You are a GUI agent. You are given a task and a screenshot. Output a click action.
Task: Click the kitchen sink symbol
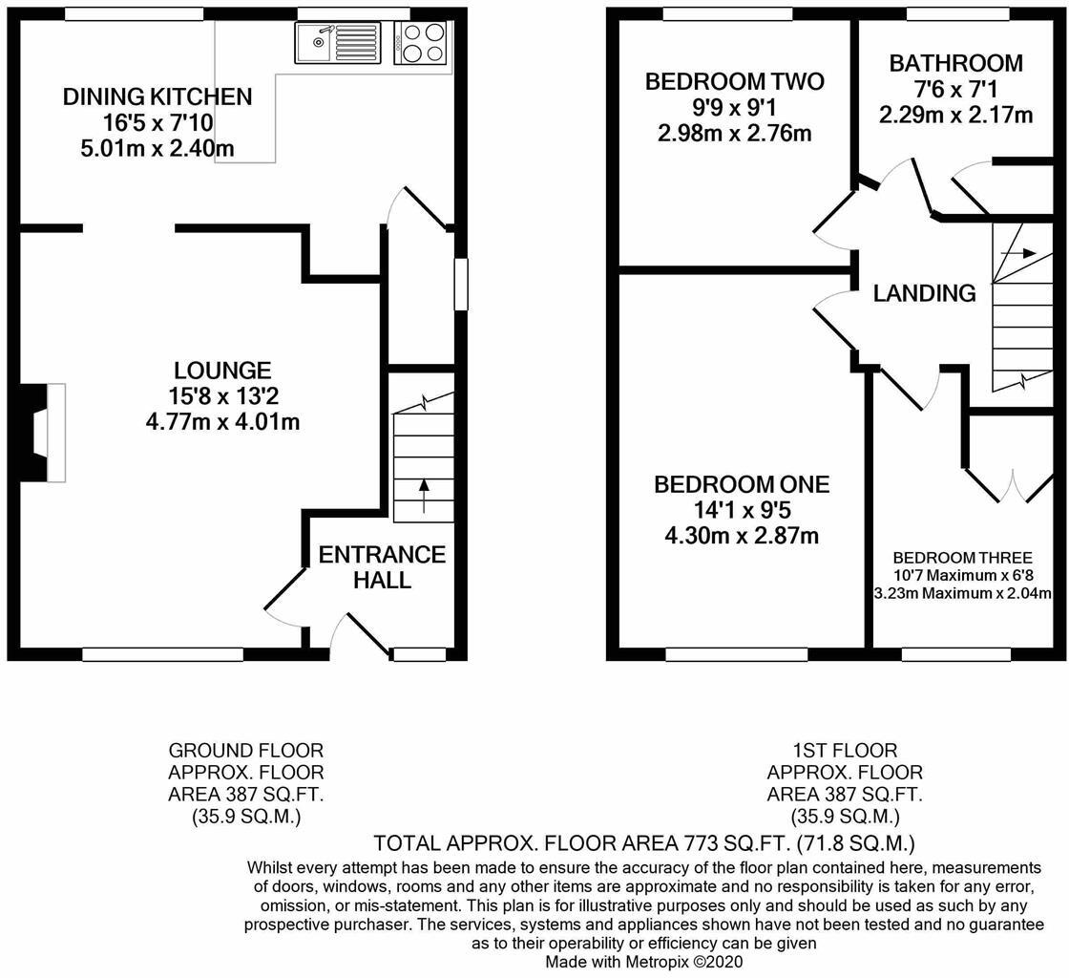click(338, 42)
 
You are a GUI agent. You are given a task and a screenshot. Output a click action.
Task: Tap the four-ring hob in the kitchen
click(421, 42)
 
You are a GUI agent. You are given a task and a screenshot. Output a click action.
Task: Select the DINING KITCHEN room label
click(157, 96)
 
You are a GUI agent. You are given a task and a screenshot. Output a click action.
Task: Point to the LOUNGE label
click(223, 371)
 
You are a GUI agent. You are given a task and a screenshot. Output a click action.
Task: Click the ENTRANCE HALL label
click(382, 566)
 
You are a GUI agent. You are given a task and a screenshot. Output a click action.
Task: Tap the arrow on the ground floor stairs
click(424, 496)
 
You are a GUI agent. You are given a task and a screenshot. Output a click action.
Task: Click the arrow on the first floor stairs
click(1018, 253)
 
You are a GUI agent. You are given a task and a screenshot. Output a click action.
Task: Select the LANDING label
click(925, 292)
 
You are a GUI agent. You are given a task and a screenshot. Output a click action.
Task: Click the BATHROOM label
click(955, 63)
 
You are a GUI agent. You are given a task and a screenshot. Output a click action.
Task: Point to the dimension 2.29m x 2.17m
click(955, 115)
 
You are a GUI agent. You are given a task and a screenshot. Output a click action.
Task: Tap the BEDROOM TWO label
click(734, 81)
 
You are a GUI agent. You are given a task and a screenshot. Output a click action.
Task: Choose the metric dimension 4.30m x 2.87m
click(742, 536)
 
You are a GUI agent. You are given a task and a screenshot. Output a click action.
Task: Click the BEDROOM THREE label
click(963, 557)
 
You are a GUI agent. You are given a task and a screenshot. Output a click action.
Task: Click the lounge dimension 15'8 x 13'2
click(223, 395)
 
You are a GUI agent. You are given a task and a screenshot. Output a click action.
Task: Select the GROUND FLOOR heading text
click(245, 750)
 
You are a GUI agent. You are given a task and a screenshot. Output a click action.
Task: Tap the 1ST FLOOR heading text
click(845, 750)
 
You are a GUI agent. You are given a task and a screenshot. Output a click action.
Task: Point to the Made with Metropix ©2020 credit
click(643, 962)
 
